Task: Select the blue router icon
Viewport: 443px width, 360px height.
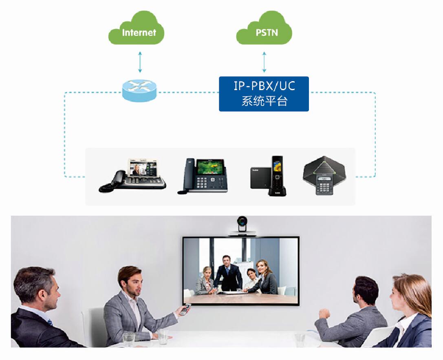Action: click(x=139, y=90)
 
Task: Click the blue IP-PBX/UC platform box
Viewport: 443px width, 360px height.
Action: click(x=264, y=94)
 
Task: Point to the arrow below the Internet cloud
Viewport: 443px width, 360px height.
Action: click(x=140, y=62)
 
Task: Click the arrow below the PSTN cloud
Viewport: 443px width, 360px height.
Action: click(x=264, y=62)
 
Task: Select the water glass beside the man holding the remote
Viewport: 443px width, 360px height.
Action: click(x=163, y=336)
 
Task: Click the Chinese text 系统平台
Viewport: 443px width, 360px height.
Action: click(x=264, y=101)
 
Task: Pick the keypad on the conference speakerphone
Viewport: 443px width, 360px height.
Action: click(x=324, y=187)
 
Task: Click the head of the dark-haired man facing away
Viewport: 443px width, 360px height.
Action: click(x=366, y=290)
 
